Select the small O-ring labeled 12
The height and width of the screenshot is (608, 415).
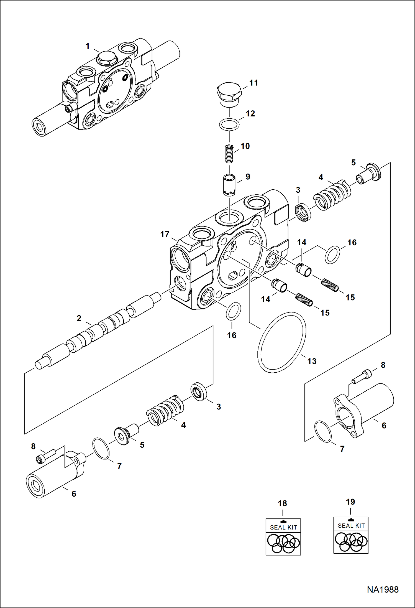[229, 124]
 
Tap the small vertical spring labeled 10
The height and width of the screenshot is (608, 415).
[229, 154]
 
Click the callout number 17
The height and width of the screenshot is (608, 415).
[165, 235]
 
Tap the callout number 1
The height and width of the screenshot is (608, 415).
[88, 46]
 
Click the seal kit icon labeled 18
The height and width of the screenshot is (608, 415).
[283, 537]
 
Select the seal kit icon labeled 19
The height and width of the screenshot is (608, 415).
[351, 535]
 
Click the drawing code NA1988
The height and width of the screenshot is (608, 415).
[383, 589]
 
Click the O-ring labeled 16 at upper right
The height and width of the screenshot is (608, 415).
[332, 254]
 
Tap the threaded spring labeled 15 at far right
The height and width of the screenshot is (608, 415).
[330, 285]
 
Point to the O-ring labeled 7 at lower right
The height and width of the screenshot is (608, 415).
[323, 431]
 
